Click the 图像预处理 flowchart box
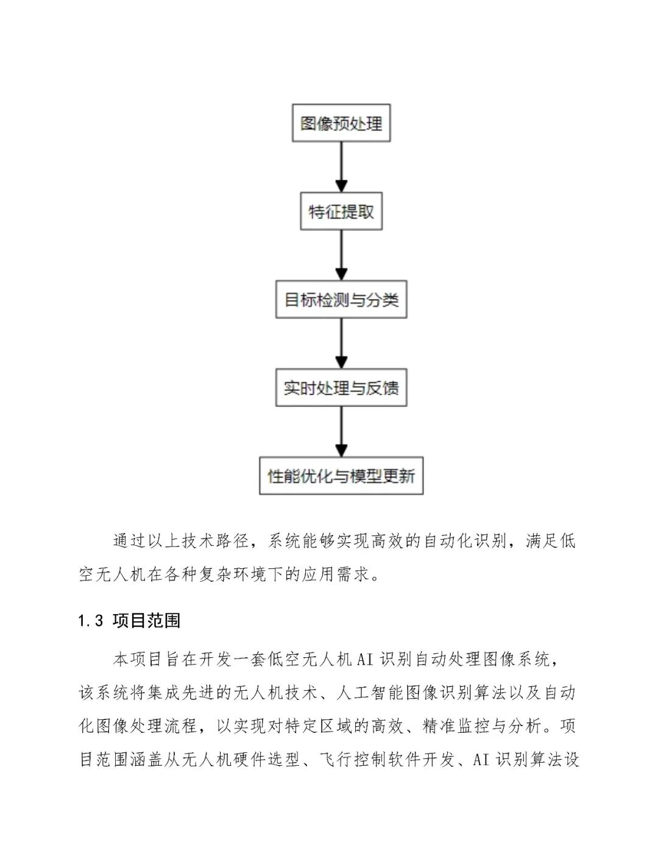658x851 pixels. coord(341,124)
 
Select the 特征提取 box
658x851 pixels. coord(341,212)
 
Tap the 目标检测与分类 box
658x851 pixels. coord(341,300)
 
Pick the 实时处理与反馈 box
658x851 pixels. coord(341,388)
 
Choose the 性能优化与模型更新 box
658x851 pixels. coord(341,476)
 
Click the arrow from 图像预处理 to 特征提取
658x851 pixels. coord(341,168)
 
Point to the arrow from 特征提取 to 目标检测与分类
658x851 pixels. coord(341,256)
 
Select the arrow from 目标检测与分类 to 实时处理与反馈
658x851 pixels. coord(341,344)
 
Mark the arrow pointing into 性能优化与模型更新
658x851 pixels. coord(341,432)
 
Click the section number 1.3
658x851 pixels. coord(91,621)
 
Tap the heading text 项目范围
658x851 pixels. coord(147,621)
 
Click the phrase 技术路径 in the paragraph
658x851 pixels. coord(216,541)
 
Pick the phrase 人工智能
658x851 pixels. coord(378,693)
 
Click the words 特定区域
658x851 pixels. coord(327,726)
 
